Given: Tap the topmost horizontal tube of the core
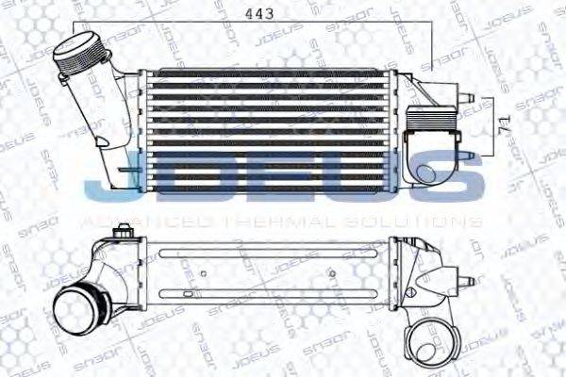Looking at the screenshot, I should click(269, 74).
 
